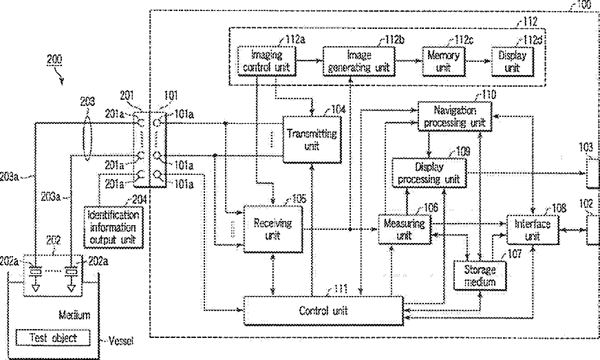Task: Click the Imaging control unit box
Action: tap(266, 60)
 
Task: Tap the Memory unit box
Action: tap(444, 60)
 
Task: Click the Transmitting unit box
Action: tap(311, 138)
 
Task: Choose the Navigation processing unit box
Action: tap(455, 116)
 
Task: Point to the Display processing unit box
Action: tap(428, 172)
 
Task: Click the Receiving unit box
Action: tap(274, 229)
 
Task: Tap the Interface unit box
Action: tap(533, 229)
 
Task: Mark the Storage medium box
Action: tap(480, 276)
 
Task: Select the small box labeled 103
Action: tap(591, 172)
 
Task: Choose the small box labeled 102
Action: tap(591, 229)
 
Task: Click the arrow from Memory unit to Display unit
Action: tap(478, 61)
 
